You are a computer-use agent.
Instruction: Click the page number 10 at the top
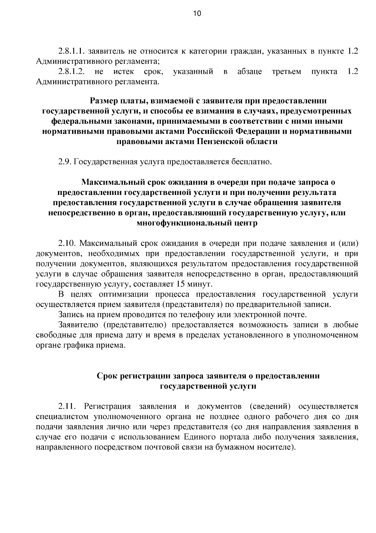(x=197, y=13)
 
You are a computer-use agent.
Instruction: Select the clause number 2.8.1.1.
(x=71, y=51)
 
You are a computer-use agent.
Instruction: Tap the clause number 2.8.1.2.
(x=71, y=72)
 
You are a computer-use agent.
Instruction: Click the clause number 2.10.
(x=67, y=243)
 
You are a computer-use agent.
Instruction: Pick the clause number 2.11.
(x=67, y=406)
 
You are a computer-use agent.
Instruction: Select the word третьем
(x=286, y=72)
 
